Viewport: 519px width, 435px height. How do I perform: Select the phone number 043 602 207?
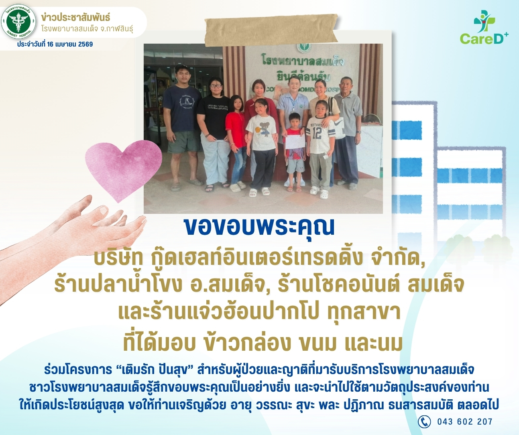[x=465, y=422]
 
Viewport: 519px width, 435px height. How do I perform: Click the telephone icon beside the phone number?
[x=424, y=422]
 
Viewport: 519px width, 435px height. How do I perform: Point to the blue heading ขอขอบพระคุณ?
[x=259, y=227]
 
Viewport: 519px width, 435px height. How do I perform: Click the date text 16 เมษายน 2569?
[x=70, y=44]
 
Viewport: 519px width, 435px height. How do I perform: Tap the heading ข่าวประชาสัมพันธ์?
[x=75, y=18]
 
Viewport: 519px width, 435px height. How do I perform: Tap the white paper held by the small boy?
[x=295, y=142]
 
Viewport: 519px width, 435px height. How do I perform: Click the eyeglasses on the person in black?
[x=216, y=86]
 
